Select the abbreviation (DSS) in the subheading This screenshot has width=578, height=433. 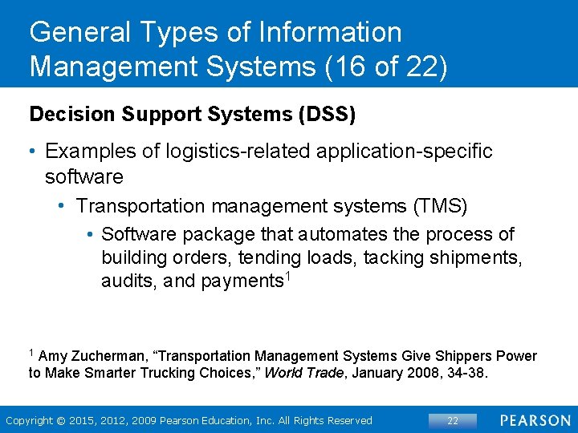pos(327,114)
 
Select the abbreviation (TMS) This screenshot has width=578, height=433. pos(438,206)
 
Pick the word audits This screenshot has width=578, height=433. pos(125,281)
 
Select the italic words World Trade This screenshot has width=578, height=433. pos(303,373)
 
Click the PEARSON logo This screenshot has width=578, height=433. pos(536,420)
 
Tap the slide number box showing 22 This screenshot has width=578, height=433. pos(453,420)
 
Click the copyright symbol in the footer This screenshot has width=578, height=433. pos(60,420)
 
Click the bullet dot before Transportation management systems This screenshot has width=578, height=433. pos(63,206)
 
